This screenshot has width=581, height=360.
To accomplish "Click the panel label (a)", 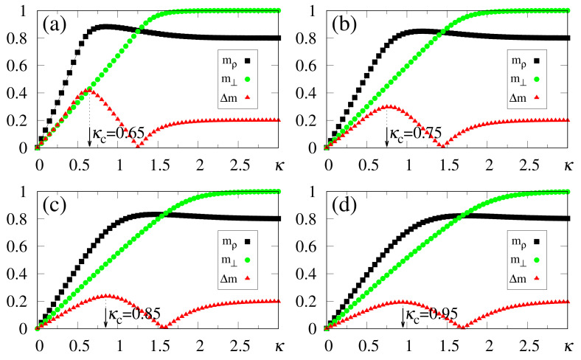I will pyautogui.click(x=56, y=22).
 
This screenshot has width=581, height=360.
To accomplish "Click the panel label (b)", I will pyautogui.click(x=344, y=22).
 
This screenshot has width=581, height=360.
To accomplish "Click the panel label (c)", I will pyautogui.click(x=56, y=203).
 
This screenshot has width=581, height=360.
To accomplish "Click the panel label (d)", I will pyautogui.click(x=344, y=203).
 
